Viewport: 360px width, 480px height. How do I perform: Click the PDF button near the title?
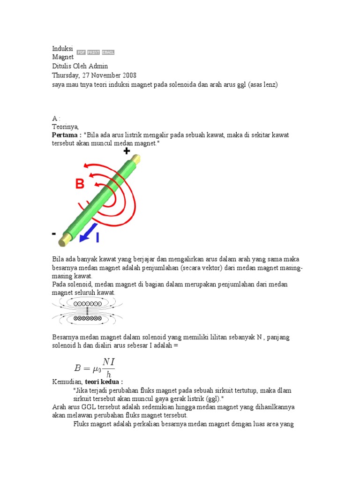(81, 52)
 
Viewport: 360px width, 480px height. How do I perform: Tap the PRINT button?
(93, 52)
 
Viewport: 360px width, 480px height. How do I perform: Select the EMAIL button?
(108, 52)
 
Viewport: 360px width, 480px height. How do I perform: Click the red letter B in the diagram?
(80, 184)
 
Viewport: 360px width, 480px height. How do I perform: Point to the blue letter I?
(97, 238)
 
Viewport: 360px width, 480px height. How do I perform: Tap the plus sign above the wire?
(126, 151)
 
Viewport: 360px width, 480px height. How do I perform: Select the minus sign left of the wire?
(54, 233)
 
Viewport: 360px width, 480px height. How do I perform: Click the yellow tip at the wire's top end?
(136, 159)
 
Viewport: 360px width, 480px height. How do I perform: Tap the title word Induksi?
(61, 48)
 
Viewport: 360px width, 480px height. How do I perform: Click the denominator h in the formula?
(109, 374)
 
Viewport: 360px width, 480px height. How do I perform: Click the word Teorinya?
(65, 127)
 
